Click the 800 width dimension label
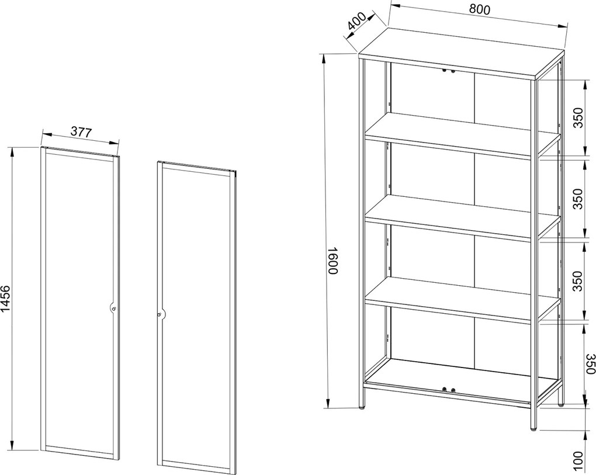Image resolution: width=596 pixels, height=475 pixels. (479, 10)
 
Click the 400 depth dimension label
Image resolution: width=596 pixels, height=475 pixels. (356, 21)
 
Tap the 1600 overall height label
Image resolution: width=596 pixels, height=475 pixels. (332, 261)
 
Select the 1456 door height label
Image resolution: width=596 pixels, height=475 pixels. (6, 299)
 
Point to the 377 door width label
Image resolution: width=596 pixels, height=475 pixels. (82, 132)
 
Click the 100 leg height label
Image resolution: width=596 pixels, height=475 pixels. (577, 461)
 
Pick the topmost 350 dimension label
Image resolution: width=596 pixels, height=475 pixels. (577, 118)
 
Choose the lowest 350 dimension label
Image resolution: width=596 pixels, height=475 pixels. (590, 363)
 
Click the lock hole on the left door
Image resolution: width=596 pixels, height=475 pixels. (114, 309)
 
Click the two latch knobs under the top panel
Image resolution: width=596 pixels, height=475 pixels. (448, 71)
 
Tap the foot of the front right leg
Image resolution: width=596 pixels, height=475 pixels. (534, 429)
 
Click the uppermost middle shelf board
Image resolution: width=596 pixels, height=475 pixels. (463, 136)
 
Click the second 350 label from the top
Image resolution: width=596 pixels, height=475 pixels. (577, 199)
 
